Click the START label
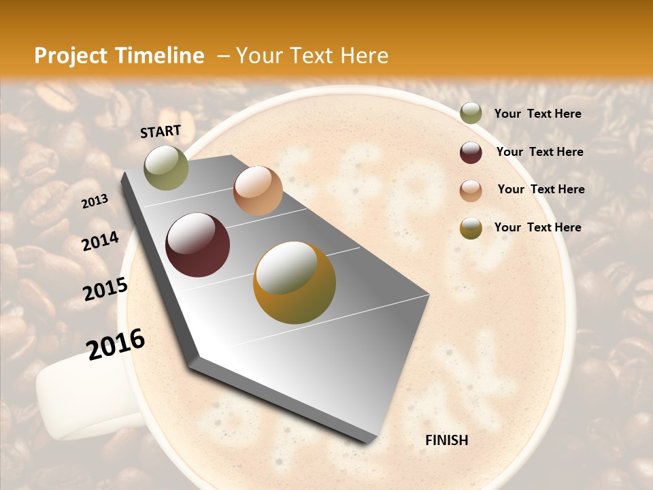click(x=161, y=131)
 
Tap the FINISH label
click(x=446, y=440)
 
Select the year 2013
click(x=95, y=201)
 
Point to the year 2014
click(x=101, y=242)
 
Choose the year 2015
click(x=105, y=289)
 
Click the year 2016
click(x=116, y=344)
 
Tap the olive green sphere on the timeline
click(x=166, y=167)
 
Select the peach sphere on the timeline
click(x=258, y=191)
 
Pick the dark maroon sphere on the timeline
click(x=198, y=245)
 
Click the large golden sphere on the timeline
click(x=295, y=282)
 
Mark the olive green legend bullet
click(x=471, y=114)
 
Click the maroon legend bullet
click(x=471, y=152)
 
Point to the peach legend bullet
click(x=471, y=190)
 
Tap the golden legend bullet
click(x=471, y=228)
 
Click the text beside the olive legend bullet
click(x=537, y=114)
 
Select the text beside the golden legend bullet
click(x=537, y=227)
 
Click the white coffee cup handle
click(x=75, y=395)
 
